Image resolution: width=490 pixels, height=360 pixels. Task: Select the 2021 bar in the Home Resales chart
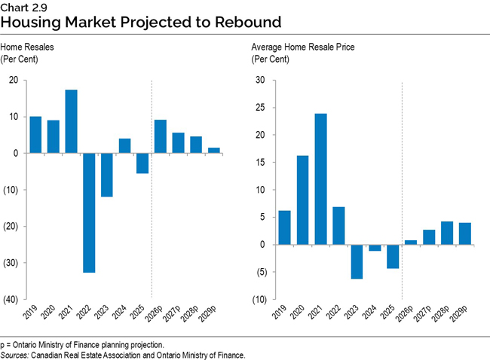coord(71,121)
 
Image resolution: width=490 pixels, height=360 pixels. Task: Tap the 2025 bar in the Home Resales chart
coord(142,163)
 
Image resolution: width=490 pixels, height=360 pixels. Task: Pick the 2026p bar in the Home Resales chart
coord(161,136)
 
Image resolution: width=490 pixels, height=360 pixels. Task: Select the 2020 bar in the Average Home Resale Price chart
coord(302,200)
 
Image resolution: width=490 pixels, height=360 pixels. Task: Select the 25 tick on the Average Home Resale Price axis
coord(260,108)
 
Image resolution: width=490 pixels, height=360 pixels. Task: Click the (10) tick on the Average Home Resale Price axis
coord(258,300)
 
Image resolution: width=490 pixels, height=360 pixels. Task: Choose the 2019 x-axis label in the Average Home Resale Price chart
coord(282,314)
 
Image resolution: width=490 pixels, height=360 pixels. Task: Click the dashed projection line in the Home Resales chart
coord(152,226)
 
